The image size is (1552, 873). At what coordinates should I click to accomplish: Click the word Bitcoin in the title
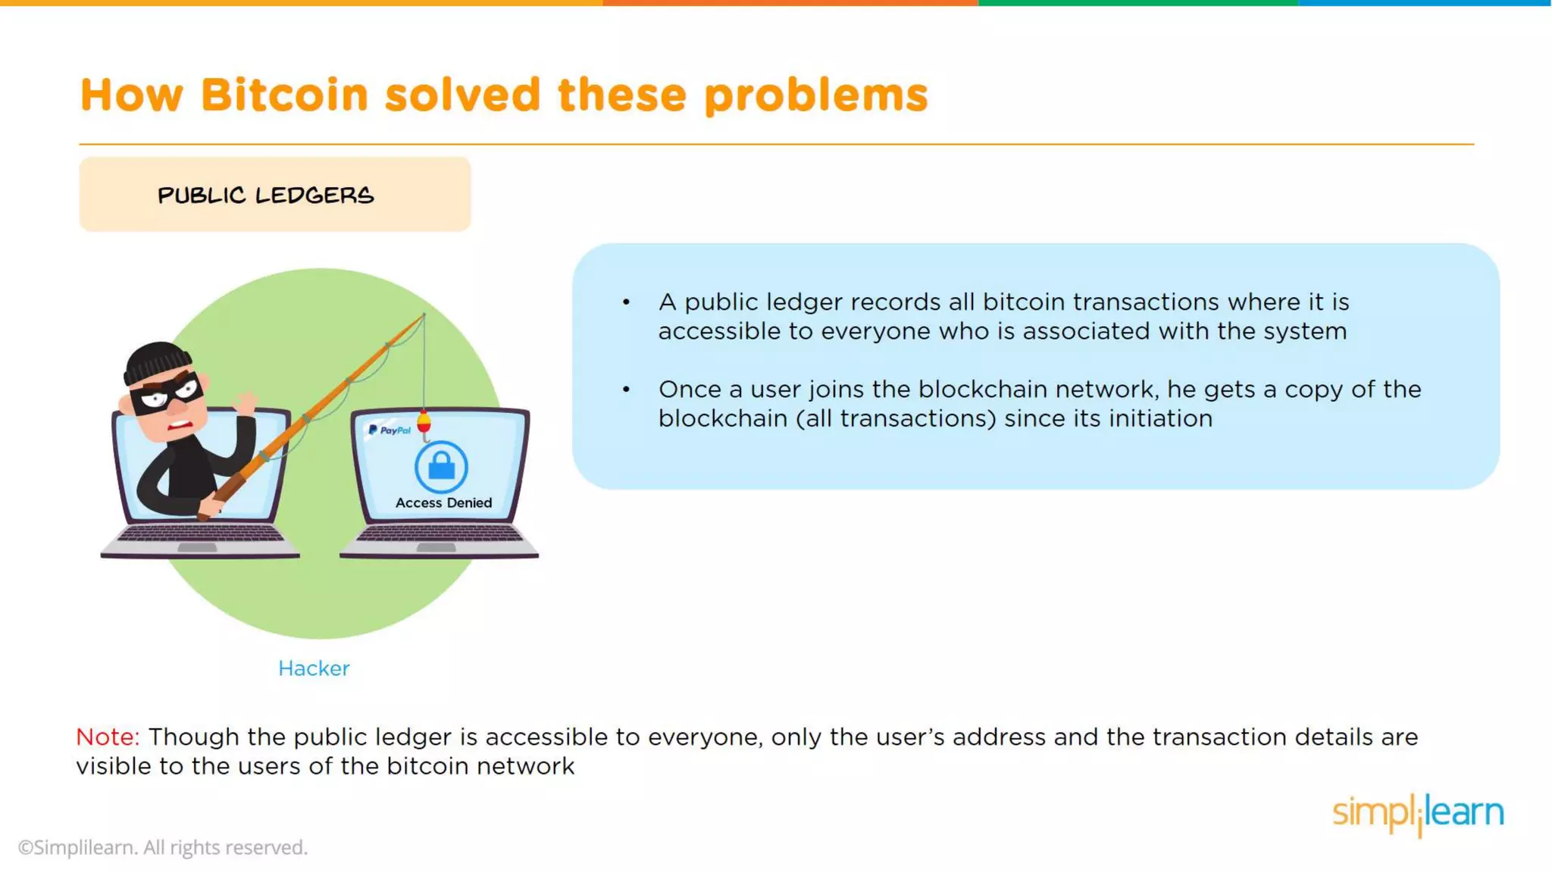(x=284, y=95)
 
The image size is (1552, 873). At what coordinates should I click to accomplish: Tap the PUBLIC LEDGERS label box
(x=274, y=194)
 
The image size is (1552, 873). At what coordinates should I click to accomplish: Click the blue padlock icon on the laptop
(x=441, y=466)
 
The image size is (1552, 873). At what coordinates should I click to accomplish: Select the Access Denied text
(x=443, y=502)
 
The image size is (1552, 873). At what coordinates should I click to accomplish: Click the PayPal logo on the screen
(x=390, y=430)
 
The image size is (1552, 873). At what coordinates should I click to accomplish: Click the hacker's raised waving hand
(x=246, y=402)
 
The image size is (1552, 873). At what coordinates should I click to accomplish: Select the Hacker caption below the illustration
(x=314, y=668)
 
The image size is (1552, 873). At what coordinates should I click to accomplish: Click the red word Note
(x=108, y=737)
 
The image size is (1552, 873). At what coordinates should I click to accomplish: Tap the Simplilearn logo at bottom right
(x=1417, y=813)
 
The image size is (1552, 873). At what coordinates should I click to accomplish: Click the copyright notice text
(x=163, y=847)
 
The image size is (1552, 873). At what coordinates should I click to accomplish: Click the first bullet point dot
(x=626, y=302)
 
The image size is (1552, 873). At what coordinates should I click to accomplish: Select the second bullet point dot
(x=626, y=390)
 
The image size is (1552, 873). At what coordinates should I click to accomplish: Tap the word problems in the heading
(x=815, y=95)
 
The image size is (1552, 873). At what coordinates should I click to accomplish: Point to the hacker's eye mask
(x=168, y=393)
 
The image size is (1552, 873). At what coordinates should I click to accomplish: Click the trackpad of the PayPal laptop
(x=436, y=547)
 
